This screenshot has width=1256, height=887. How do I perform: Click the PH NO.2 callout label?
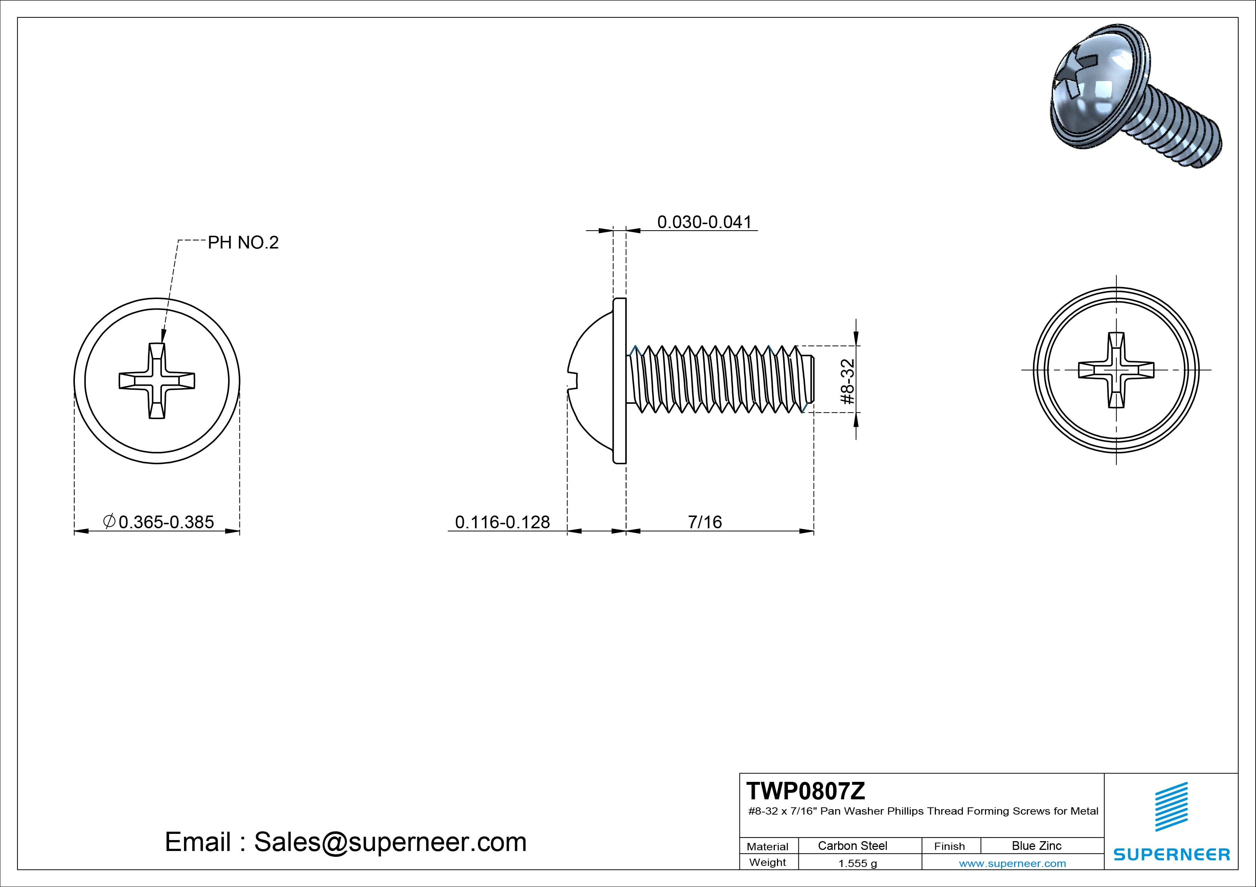tap(243, 242)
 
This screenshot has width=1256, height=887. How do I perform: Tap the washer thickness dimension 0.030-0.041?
tap(705, 222)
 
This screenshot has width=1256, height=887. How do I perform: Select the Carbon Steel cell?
tap(852, 846)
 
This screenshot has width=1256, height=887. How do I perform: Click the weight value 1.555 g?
tap(857, 863)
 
